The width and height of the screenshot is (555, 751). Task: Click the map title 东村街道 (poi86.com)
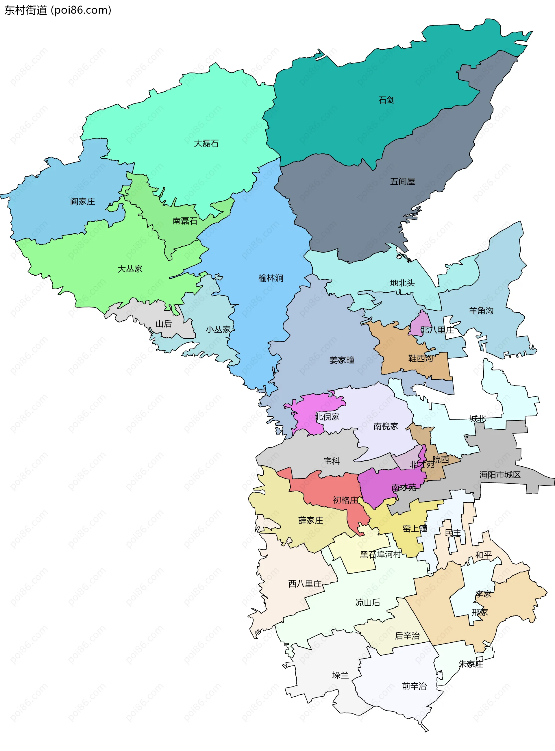(x=58, y=10)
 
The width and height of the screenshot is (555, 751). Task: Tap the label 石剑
(x=386, y=100)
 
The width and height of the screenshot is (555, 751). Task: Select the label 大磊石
(x=206, y=143)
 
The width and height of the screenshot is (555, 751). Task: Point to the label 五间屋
(x=402, y=181)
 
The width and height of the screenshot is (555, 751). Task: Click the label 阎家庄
(x=82, y=201)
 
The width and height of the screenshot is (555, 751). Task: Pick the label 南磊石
(x=185, y=221)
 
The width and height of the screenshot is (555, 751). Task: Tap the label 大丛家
(x=130, y=269)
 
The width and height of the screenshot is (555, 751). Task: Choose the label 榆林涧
(x=271, y=278)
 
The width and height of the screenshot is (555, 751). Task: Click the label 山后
(x=164, y=324)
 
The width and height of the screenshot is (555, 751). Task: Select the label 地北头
(x=402, y=283)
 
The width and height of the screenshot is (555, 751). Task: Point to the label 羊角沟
(x=481, y=311)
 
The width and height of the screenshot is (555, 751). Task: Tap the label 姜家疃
(x=342, y=360)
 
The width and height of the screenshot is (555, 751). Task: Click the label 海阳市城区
(x=499, y=474)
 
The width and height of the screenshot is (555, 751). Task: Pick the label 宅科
(x=332, y=461)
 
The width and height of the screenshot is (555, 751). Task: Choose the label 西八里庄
(x=305, y=584)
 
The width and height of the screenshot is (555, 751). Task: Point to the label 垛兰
(x=340, y=675)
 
